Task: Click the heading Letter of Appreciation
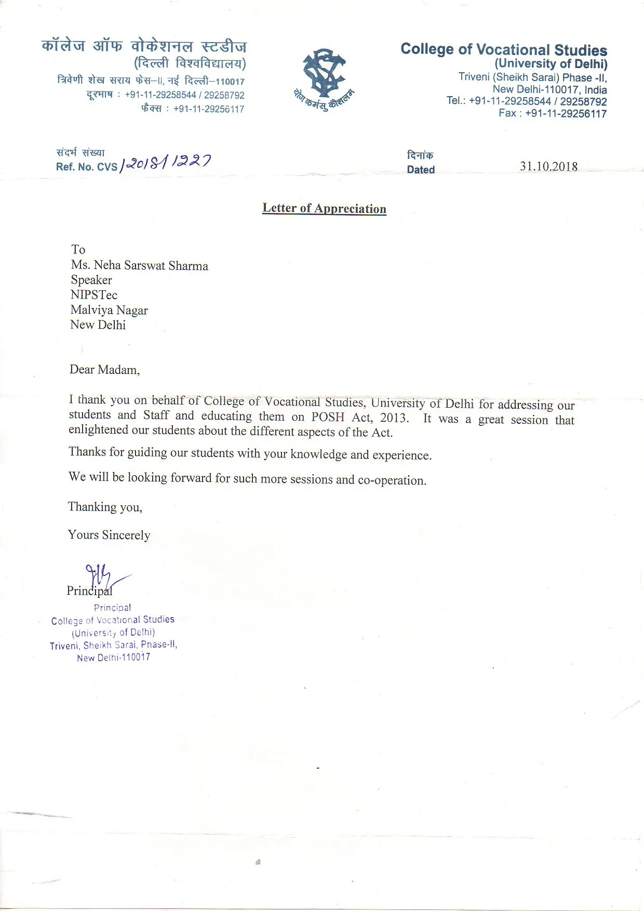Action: coord(324,208)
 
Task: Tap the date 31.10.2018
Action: coord(548,166)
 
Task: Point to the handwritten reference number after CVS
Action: coord(165,163)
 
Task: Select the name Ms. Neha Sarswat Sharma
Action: coord(140,265)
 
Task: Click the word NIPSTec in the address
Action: coord(94,295)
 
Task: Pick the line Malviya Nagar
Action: coord(109,310)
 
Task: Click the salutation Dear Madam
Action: coord(104,370)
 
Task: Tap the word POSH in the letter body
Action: coord(328,417)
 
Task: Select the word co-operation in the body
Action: coord(392,480)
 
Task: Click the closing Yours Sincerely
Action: coord(109,535)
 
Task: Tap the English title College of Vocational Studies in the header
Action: coord(503,50)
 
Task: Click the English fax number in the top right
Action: coord(565,114)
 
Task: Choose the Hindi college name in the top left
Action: coord(144,46)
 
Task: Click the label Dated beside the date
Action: coord(421,170)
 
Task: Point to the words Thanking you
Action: coord(105,507)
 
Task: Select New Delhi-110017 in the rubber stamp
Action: coord(113,658)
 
